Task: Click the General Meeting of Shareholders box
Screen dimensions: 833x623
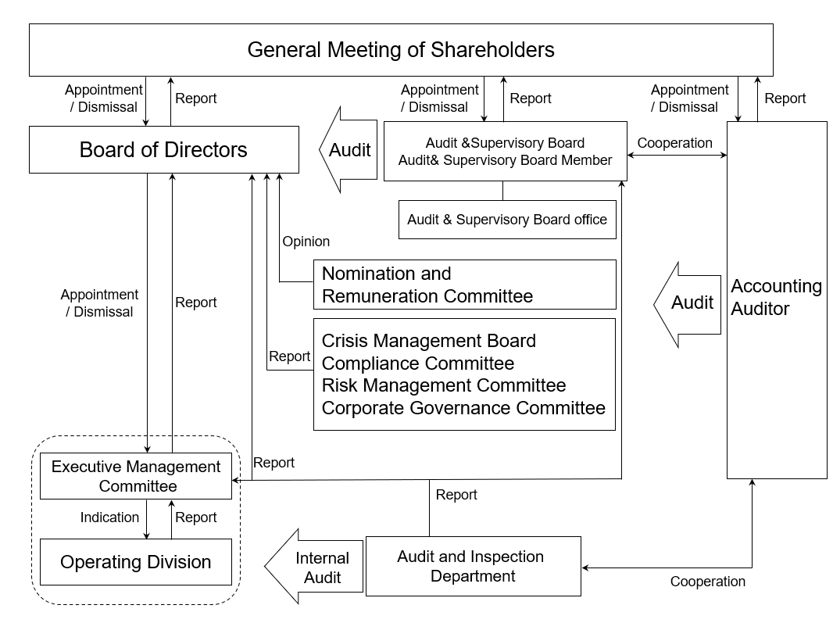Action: tap(401, 50)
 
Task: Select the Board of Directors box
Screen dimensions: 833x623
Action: tap(163, 150)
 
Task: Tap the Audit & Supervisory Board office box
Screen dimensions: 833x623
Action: tap(507, 220)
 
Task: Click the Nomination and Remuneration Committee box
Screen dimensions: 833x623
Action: tap(465, 285)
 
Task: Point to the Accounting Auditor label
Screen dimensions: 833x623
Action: tap(776, 297)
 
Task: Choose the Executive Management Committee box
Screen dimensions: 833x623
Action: tap(136, 476)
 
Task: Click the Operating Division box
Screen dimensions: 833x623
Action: tap(136, 562)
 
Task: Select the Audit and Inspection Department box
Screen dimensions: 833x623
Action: tap(474, 566)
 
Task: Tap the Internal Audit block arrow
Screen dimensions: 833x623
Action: tap(313, 567)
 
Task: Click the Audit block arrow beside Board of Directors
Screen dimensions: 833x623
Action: tap(348, 150)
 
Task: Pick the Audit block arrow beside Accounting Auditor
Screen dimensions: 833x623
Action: tap(687, 305)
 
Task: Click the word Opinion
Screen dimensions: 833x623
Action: tap(306, 242)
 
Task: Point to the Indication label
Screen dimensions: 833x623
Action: tap(109, 517)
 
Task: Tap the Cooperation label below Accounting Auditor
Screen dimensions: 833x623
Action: tap(708, 582)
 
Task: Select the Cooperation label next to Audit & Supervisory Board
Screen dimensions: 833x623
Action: tap(674, 143)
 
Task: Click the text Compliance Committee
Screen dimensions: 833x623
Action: tap(418, 363)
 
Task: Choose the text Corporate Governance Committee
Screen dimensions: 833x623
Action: tap(464, 408)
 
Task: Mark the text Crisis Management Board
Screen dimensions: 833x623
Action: tap(429, 341)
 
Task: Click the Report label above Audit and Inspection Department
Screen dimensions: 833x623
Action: tap(456, 495)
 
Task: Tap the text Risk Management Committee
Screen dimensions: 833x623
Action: tap(444, 385)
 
